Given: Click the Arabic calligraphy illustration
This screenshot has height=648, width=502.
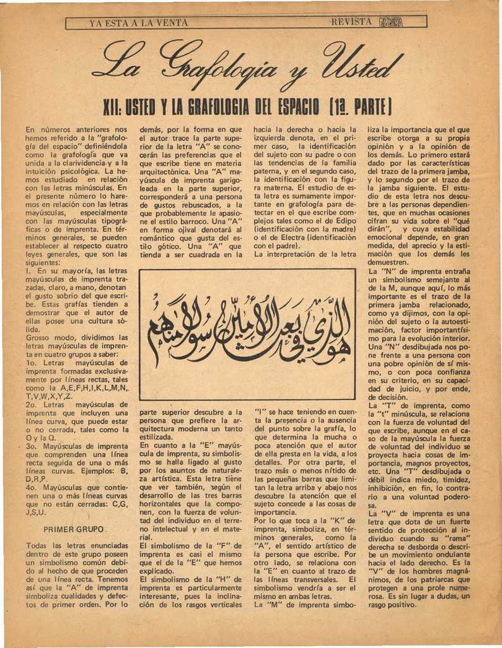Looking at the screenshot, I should [x=247, y=333].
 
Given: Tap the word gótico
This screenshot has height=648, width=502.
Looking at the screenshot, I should [x=161, y=246].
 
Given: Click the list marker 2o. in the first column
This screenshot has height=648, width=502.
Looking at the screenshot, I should [x=33, y=404].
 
